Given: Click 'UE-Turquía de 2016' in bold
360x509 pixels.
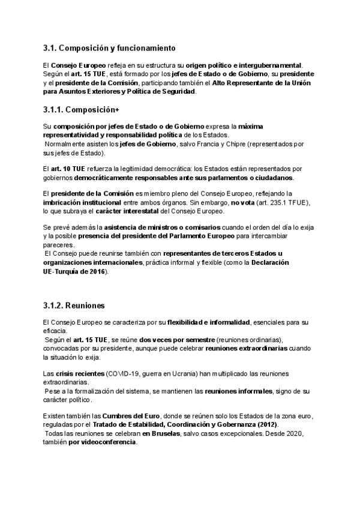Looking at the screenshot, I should pyautogui.click(x=74, y=271).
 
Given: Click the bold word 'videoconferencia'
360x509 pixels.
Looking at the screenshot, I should pyautogui.click(x=108, y=442).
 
